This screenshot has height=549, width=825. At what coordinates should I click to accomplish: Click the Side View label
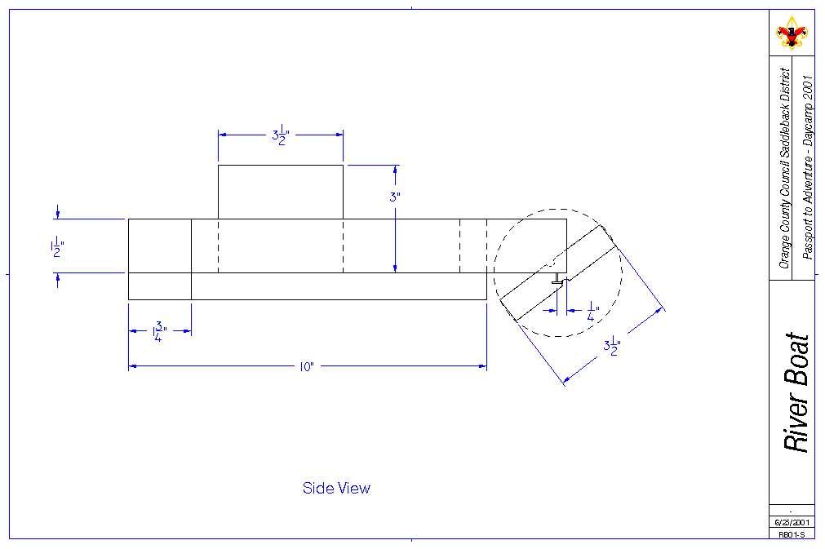pos(336,489)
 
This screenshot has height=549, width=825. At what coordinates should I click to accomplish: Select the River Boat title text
pos(796,392)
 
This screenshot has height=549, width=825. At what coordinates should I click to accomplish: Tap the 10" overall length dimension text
pos(307,367)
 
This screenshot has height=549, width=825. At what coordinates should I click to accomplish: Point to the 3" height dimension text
pos(395,197)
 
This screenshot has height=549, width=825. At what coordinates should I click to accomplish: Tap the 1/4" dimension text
pos(592,311)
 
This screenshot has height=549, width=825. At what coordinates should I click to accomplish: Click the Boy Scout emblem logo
pos(791,33)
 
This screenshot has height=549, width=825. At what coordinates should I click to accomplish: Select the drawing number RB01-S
pos(791,534)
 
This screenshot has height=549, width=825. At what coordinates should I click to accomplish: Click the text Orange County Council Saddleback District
pos(784,168)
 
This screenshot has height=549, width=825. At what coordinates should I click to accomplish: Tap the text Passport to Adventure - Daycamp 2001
pos(807,167)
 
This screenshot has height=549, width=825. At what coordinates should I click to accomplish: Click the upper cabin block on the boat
pos(280,192)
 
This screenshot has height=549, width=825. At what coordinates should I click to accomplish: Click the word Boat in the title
pos(796,359)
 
